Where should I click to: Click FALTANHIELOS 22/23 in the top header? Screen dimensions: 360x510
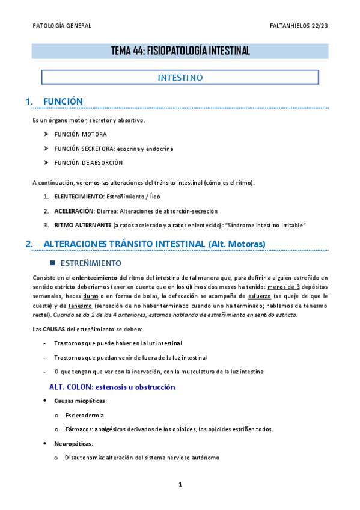(x=299, y=26)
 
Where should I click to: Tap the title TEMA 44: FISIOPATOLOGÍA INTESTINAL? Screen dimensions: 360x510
(x=180, y=51)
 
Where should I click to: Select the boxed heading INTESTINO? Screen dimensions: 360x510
(x=180, y=78)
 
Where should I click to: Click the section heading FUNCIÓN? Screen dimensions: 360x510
(x=63, y=102)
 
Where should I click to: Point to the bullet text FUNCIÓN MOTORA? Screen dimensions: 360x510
(x=81, y=134)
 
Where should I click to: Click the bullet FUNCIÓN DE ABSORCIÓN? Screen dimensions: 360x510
(x=88, y=162)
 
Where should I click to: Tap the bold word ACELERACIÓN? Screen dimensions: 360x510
(x=75, y=211)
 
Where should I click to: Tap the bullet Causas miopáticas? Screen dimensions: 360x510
(x=81, y=401)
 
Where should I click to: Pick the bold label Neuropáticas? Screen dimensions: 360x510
(x=73, y=443)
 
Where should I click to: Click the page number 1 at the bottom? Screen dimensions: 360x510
(x=180, y=484)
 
